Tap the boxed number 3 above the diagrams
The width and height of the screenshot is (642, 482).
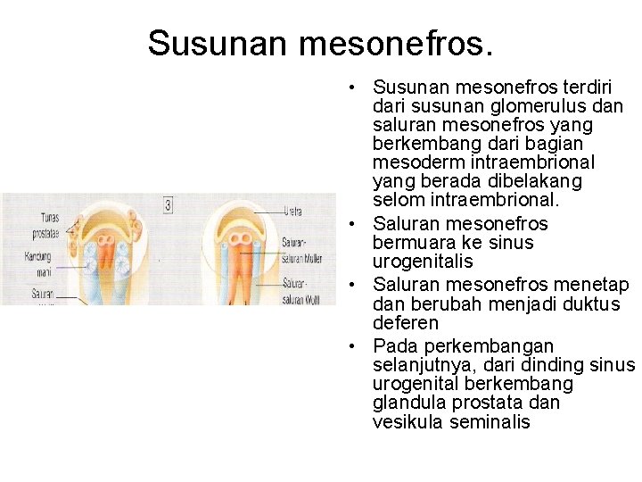(x=169, y=205)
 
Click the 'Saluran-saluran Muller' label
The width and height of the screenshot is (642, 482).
(x=301, y=249)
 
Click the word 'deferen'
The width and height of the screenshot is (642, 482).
(x=406, y=323)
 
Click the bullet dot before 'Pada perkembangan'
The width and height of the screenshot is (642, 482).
(x=354, y=346)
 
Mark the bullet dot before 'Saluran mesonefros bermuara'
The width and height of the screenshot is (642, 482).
(x=354, y=224)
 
